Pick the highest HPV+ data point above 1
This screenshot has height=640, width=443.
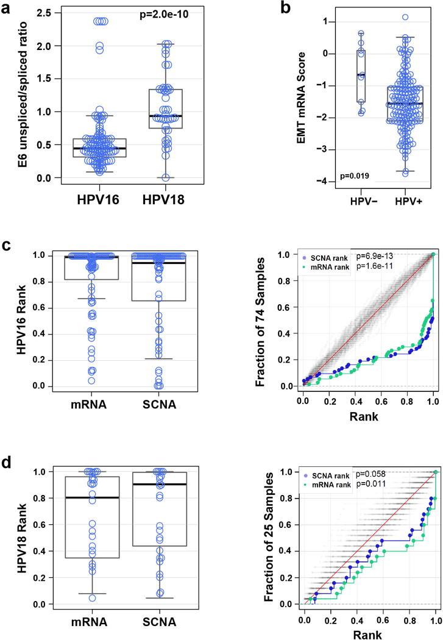pos(405,17)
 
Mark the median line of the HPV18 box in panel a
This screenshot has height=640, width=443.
pos(161,116)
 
